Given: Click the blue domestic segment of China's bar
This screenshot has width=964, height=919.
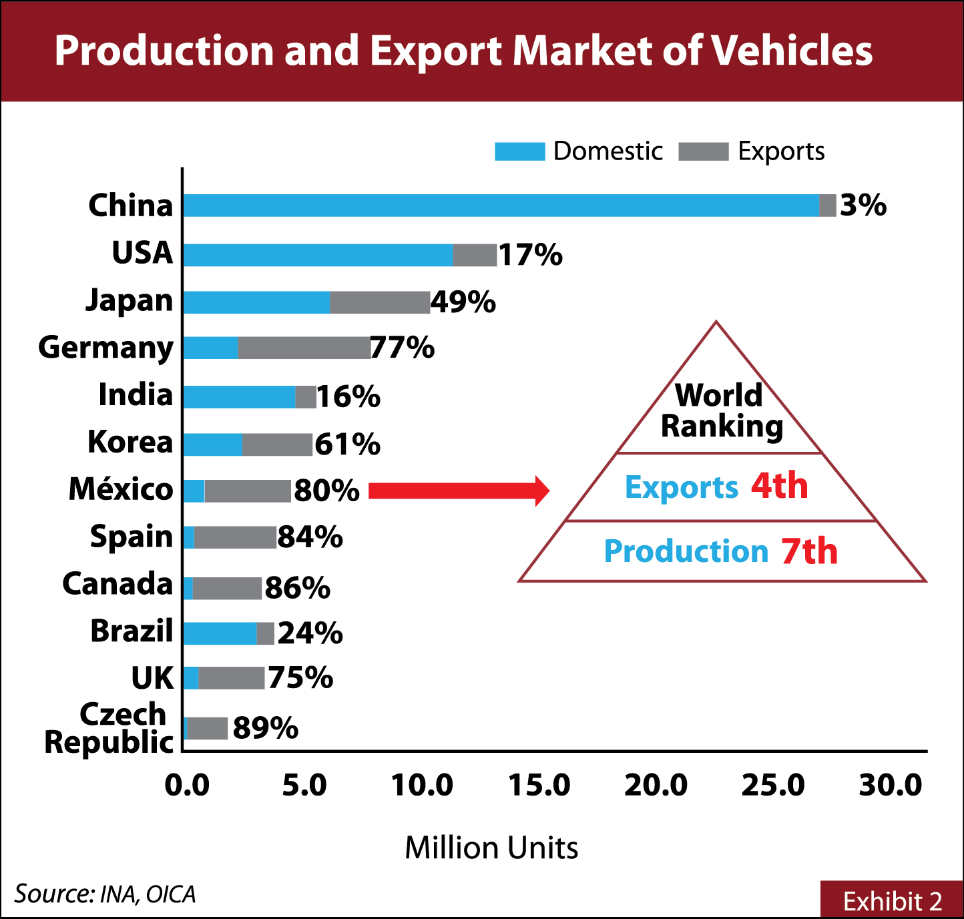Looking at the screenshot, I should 501,206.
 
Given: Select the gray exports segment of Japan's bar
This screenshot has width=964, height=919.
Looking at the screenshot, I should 380,302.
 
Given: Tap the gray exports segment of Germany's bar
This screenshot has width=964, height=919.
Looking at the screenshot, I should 304,348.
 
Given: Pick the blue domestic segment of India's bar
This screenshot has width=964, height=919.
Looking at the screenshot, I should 239,396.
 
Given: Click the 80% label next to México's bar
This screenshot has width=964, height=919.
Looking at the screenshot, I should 326,491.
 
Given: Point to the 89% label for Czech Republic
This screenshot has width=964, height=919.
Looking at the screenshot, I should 265,728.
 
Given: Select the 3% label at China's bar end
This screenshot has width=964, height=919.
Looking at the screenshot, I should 863,206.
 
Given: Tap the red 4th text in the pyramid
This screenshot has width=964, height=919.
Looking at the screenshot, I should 779,486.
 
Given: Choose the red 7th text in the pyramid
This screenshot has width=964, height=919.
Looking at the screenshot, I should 809,551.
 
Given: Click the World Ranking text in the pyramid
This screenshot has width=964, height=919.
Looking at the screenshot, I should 720,411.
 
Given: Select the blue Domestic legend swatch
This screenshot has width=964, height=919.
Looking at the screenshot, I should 519,151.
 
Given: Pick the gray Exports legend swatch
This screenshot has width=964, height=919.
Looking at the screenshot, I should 703,151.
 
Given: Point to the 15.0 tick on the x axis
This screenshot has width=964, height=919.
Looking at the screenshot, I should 539,786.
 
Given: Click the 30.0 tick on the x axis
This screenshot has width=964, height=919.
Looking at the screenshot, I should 891,786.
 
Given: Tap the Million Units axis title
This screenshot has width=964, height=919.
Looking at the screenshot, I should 491,848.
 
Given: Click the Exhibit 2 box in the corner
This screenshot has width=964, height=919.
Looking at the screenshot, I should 892,900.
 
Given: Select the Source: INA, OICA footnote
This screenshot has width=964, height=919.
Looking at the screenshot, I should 105,894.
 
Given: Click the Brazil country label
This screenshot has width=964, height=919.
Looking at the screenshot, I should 132,631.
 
